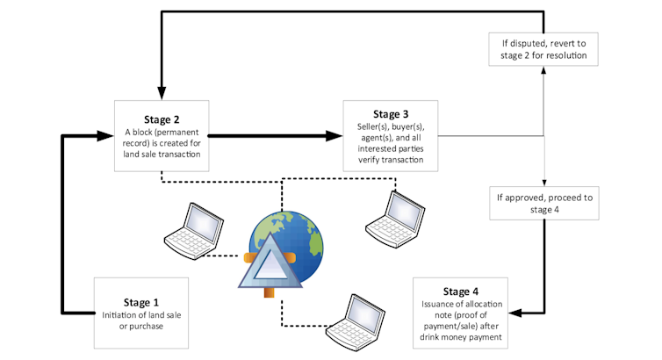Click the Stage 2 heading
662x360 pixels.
(162, 120)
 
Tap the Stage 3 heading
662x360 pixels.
(391, 114)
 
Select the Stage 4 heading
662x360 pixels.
(462, 291)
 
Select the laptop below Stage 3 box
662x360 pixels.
(392, 215)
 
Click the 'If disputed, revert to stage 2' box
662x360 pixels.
(544, 48)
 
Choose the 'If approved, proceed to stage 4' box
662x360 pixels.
(543, 204)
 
